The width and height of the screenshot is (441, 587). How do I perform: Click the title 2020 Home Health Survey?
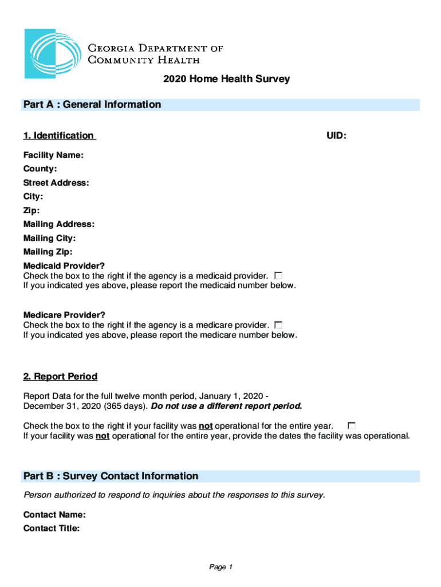click(x=226, y=79)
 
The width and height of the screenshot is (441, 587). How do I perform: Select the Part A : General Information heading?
click(x=92, y=104)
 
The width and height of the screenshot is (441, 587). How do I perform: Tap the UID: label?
click(x=336, y=136)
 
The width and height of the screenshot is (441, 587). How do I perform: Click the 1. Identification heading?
click(x=58, y=136)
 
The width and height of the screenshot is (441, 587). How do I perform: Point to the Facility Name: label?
click(x=53, y=155)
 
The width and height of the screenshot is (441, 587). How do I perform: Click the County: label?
click(x=40, y=169)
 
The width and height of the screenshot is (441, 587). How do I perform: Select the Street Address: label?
click(x=56, y=183)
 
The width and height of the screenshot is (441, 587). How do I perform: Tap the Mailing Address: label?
click(x=59, y=224)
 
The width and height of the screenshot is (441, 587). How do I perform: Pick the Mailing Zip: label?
click(x=48, y=252)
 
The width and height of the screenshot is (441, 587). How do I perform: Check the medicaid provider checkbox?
click(x=278, y=276)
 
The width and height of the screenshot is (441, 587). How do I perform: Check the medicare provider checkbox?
click(x=279, y=325)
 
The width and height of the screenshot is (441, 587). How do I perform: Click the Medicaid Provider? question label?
click(x=64, y=266)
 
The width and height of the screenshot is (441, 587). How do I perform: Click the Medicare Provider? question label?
click(x=64, y=315)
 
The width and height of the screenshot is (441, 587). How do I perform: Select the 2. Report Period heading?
click(x=60, y=377)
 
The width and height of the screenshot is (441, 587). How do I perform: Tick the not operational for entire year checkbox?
click(x=352, y=425)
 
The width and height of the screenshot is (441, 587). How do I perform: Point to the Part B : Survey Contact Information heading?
click(x=111, y=476)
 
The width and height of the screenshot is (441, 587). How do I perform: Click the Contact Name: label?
click(x=54, y=515)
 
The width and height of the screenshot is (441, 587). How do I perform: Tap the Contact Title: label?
click(x=52, y=529)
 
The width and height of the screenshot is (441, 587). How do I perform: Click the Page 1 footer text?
click(x=220, y=567)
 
